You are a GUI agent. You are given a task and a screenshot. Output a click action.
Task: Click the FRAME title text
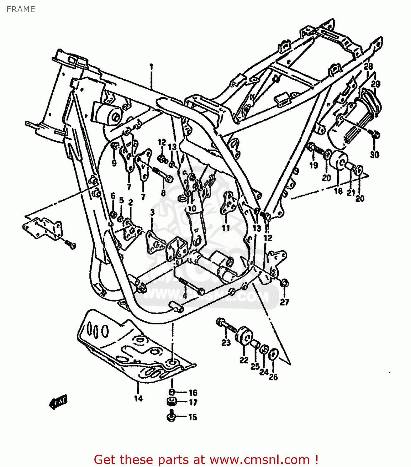click(21, 9)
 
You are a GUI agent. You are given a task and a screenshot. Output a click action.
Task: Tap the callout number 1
click(151, 67)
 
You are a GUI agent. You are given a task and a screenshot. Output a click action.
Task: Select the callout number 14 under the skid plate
click(138, 398)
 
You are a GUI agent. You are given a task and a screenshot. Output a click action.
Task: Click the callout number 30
click(375, 154)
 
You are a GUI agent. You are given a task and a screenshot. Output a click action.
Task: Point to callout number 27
click(284, 302)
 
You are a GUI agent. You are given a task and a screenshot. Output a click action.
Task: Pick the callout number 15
click(193, 417)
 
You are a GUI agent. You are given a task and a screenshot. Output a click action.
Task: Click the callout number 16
click(193, 393)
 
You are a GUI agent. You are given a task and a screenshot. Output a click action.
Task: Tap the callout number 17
click(193, 403)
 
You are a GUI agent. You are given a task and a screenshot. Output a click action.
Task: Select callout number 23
click(226, 342)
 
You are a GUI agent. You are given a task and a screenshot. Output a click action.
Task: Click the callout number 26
click(273, 377)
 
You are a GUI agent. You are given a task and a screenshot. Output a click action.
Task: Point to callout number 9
click(114, 163)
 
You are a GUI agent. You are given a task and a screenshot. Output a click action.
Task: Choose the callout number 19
click(313, 165)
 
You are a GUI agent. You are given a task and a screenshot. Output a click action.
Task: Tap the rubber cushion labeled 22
click(243, 336)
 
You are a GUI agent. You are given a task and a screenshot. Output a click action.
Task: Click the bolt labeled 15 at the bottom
click(171, 417)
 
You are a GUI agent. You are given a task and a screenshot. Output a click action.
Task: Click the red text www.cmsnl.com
click(260, 460)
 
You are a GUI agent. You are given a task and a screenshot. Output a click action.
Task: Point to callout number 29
click(376, 84)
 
